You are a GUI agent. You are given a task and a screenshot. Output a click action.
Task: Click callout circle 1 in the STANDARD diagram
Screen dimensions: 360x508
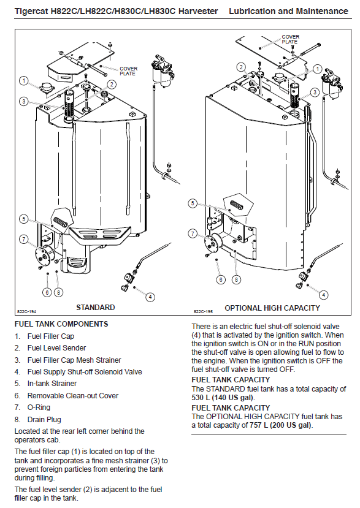[x=24, y=80]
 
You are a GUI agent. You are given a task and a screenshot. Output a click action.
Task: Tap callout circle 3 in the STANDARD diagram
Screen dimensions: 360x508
[x=24, y=101]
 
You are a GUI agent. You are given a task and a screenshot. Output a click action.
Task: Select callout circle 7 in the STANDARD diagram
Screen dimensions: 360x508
[x=24, y=240]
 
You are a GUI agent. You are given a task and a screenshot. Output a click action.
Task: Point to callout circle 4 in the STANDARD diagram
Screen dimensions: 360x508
[x=150, y=297]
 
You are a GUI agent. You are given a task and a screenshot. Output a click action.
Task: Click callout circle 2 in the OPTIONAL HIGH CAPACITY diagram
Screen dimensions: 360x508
[x=241, y=67]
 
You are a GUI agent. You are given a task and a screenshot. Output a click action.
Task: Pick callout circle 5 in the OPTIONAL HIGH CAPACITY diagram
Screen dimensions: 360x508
[x=193, y=203]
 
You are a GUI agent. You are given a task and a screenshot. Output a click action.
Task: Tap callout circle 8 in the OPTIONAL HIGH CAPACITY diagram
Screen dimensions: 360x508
[x=236, y=279]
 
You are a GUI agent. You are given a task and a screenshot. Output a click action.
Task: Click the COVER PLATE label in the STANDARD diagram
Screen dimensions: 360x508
[x=128, y=71]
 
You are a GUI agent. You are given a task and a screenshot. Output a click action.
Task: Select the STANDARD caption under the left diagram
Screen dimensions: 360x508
[x=95, y=308]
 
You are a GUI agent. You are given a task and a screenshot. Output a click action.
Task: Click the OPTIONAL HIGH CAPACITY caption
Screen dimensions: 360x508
[x=272, y=308]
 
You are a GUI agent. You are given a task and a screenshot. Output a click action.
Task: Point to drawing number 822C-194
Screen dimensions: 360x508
[x=26, y=312]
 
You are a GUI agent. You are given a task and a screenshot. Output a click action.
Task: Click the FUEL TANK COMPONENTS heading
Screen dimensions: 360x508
[x=61, y=324]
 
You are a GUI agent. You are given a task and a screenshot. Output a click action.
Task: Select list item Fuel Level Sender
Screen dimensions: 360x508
[x=57, y=348]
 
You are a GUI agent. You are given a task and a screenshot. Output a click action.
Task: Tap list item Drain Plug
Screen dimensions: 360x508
[x=44, y=420]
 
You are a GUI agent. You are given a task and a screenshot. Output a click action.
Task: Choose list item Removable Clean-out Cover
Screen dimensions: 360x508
[x=73, y=396]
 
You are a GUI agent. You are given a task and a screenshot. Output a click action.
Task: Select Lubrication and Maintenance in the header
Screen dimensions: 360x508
[x=288, y=12]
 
